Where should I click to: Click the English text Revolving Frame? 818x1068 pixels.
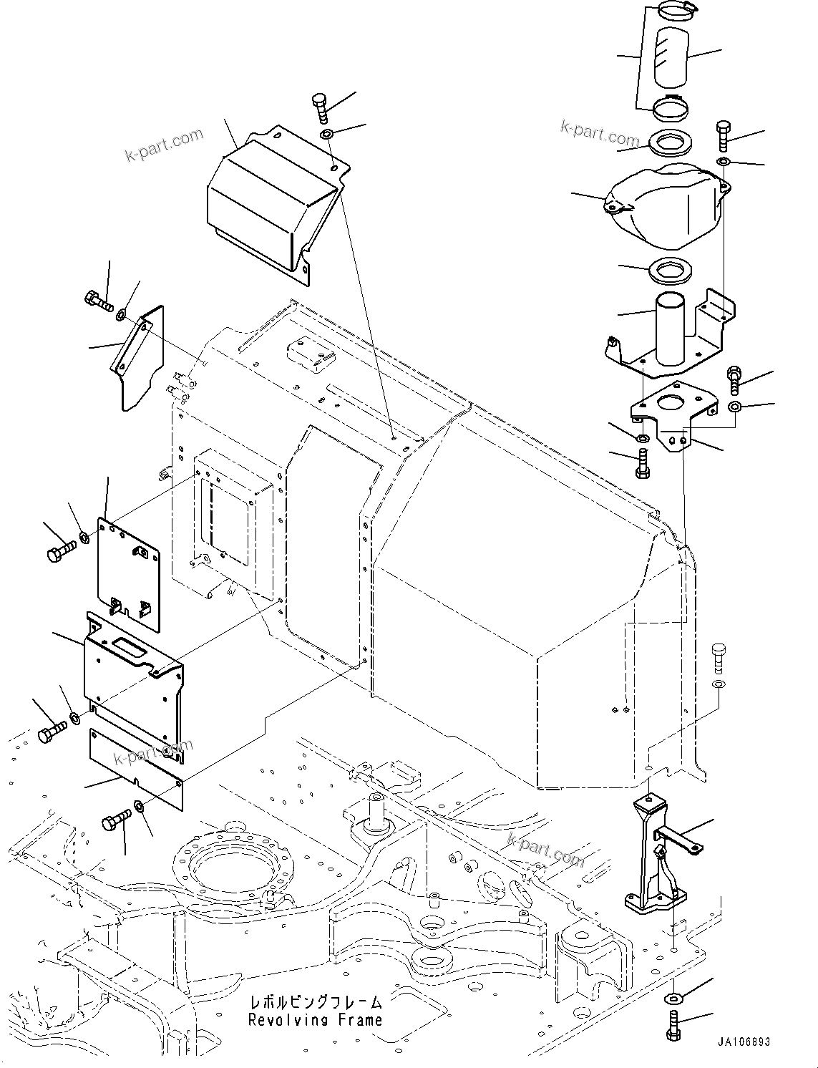click(315, 1020)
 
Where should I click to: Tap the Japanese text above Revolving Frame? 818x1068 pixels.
click(315, 1002)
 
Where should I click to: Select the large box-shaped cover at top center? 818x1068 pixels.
click(272, 204)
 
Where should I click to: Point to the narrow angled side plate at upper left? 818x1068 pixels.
click(137, 358)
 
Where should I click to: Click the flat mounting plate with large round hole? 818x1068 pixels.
click(673, 415)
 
